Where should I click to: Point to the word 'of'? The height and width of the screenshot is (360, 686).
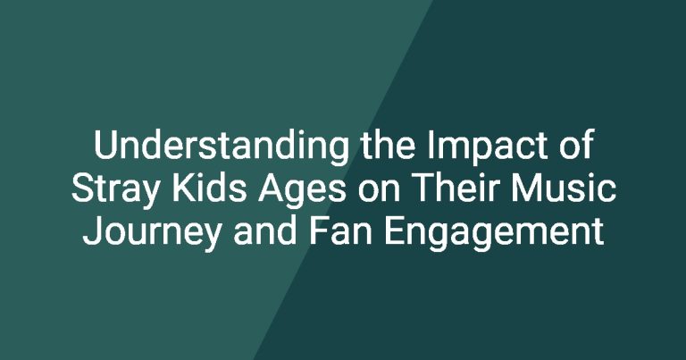[x=577, y=145]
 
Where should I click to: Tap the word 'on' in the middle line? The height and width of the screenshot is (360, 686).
[x=372, y=192]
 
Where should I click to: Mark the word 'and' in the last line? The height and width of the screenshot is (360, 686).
[x=265, y=231]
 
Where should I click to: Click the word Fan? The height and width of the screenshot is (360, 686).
[x=340, y=231]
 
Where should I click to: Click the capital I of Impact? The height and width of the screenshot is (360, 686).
[x=430, y=145]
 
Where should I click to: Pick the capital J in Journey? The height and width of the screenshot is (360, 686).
[x=92, y=232]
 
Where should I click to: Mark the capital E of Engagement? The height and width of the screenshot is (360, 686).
[x=394, y=231]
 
